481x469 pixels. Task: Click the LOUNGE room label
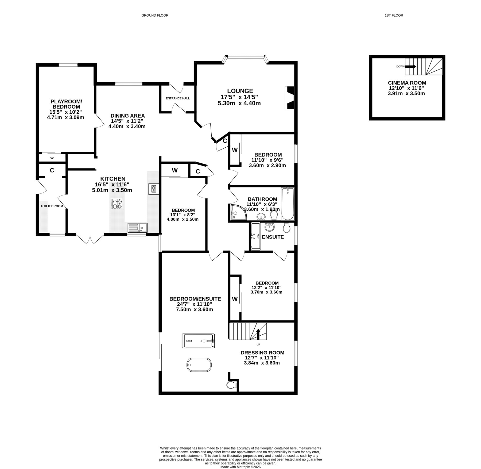tap(240, 91)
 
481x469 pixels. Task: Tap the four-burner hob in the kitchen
tap(117, 204)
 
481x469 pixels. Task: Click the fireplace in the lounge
tap(289, 98)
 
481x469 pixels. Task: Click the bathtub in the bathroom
tap(288, 204)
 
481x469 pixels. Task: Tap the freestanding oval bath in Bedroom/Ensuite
tap(199, 365)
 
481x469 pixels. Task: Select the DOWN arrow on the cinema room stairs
tap(411, 67)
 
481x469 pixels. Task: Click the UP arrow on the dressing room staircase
tap(258, 334)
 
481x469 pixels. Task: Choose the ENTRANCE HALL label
tap(178, 98)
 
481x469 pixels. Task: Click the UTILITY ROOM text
tap(52, 206)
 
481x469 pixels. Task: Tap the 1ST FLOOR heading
tap(394, 16)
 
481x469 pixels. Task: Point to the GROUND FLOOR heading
tap(155, 16)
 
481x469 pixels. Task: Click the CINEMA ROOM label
tap(407, 83)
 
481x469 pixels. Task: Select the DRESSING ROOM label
tap(262, 353)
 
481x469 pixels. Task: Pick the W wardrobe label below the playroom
tap(52, 158)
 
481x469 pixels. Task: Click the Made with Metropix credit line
tap(241, 467)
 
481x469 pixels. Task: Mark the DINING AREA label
tap(128, 116)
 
